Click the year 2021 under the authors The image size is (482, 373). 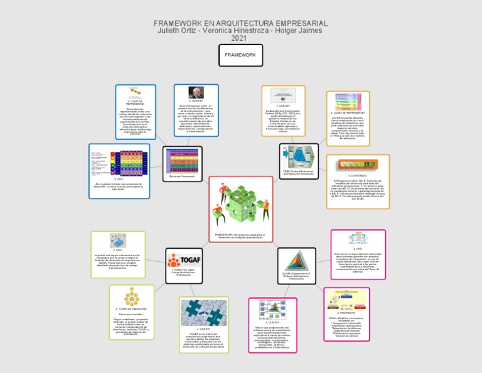(240, 38)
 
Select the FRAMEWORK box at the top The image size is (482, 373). (240, 55)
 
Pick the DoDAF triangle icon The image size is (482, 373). (296, 261)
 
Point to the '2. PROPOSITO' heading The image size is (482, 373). (346, 312)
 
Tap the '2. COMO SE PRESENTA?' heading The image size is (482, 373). (131, 309)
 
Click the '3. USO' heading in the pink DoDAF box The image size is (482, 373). (358, 248)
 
